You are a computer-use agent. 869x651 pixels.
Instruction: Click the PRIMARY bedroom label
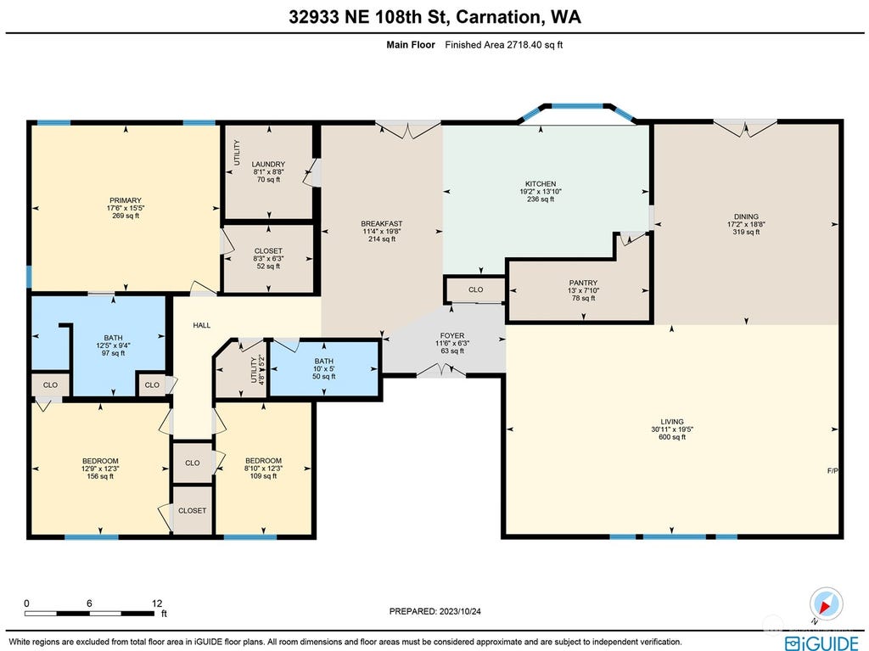tap(126, 200)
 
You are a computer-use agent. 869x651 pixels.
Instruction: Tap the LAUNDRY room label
tap(268, 164)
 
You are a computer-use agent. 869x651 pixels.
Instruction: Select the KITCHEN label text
tap(541, 183)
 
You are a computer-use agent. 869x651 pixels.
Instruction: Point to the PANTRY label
tap(583, 283)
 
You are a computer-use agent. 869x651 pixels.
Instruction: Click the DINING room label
tap(746, 216)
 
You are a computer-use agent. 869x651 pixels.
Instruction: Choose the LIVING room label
tap(672, 422)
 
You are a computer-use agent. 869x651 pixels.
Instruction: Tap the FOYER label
tap(452, 335)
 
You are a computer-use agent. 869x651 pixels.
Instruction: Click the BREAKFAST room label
tap(382, 224)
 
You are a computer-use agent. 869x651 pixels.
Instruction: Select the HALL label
tap(202, 326)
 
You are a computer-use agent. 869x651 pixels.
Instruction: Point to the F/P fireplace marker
tap(833, 471)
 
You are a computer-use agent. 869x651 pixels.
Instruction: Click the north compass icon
tap(826, 604)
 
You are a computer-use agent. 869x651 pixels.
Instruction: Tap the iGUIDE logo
tap(821, 643)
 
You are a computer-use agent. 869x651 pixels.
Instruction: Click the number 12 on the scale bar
tap(157, 603)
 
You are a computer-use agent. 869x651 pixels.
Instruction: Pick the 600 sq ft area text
tap(672, 437)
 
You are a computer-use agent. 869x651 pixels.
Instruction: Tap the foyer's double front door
tap(441, 371)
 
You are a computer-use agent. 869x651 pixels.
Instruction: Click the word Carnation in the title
tap(497, 17)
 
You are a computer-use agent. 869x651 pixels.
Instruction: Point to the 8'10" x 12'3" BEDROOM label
tap(263, 469)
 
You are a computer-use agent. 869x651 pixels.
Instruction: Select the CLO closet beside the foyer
tap(475, 289)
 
